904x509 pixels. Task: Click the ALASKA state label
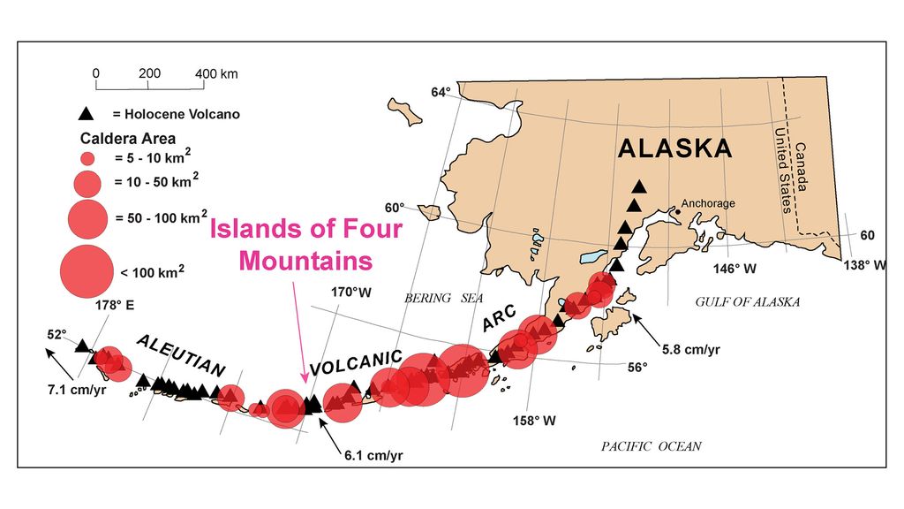(x=674, y=148)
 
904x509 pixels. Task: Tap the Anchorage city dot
(x=677, y=211)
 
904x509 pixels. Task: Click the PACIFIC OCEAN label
(x=652, y=446)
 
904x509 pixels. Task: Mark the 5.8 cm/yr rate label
(x=690, y=349)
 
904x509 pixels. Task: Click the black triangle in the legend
(x=86, y=113)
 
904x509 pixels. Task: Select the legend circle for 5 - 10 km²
(x=87, y=160)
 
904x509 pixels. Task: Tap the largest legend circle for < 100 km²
(x=87, y=269)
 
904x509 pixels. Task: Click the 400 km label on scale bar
(x=217, y=73)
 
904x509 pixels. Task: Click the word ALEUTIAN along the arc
(x=180, y=355)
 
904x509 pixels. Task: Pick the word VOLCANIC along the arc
(x=357, y=364)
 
